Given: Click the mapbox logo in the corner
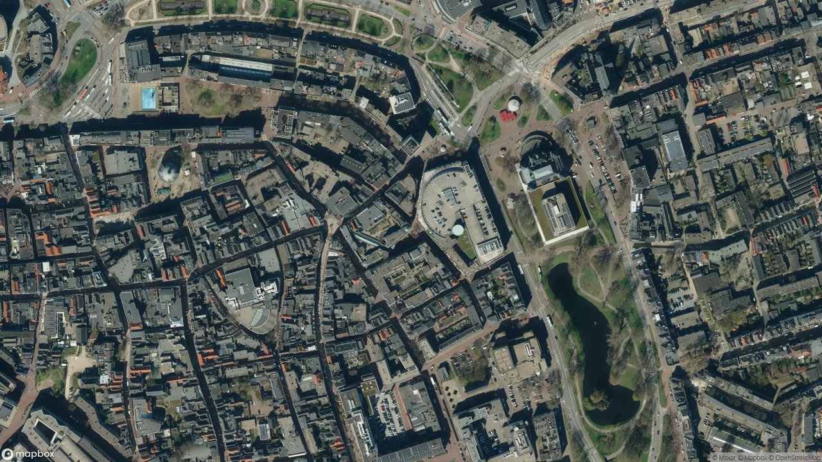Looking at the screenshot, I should click(27, 454).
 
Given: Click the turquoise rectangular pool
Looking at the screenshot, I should click(148, 98).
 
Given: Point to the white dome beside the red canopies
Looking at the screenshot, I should click(514, 105).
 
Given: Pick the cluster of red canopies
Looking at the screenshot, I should click(507, 116).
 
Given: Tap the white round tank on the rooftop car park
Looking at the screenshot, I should click(458, 230).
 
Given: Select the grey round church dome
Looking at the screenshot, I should click(168, 172).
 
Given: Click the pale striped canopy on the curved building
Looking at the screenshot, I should click(259, 316).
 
